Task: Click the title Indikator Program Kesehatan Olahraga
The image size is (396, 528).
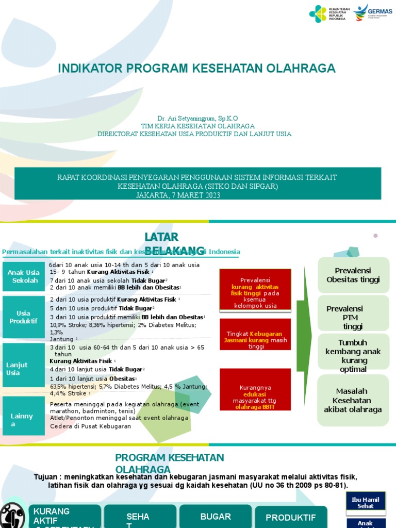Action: click(x=196, y=68)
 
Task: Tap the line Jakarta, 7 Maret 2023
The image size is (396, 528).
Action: click(x=178, y=195)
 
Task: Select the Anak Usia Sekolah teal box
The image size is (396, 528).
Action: click(x=24, y=276)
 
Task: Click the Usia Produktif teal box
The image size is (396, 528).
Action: click(x=24, y=317)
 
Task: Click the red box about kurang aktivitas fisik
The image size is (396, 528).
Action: click(x=255, y=290)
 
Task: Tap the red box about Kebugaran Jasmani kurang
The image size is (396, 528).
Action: click(x=255, y=334)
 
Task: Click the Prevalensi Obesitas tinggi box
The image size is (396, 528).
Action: click(x=353, y=275)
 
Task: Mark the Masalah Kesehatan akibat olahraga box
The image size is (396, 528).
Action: click(x=353, y=400)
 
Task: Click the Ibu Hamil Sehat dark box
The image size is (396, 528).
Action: click(x=366, y=502)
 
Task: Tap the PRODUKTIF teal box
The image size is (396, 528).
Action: click(x=291, y=517)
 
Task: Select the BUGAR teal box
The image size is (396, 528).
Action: click(x=216, y=516)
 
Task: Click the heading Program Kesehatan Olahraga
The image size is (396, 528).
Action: click(x=170, y=463)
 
